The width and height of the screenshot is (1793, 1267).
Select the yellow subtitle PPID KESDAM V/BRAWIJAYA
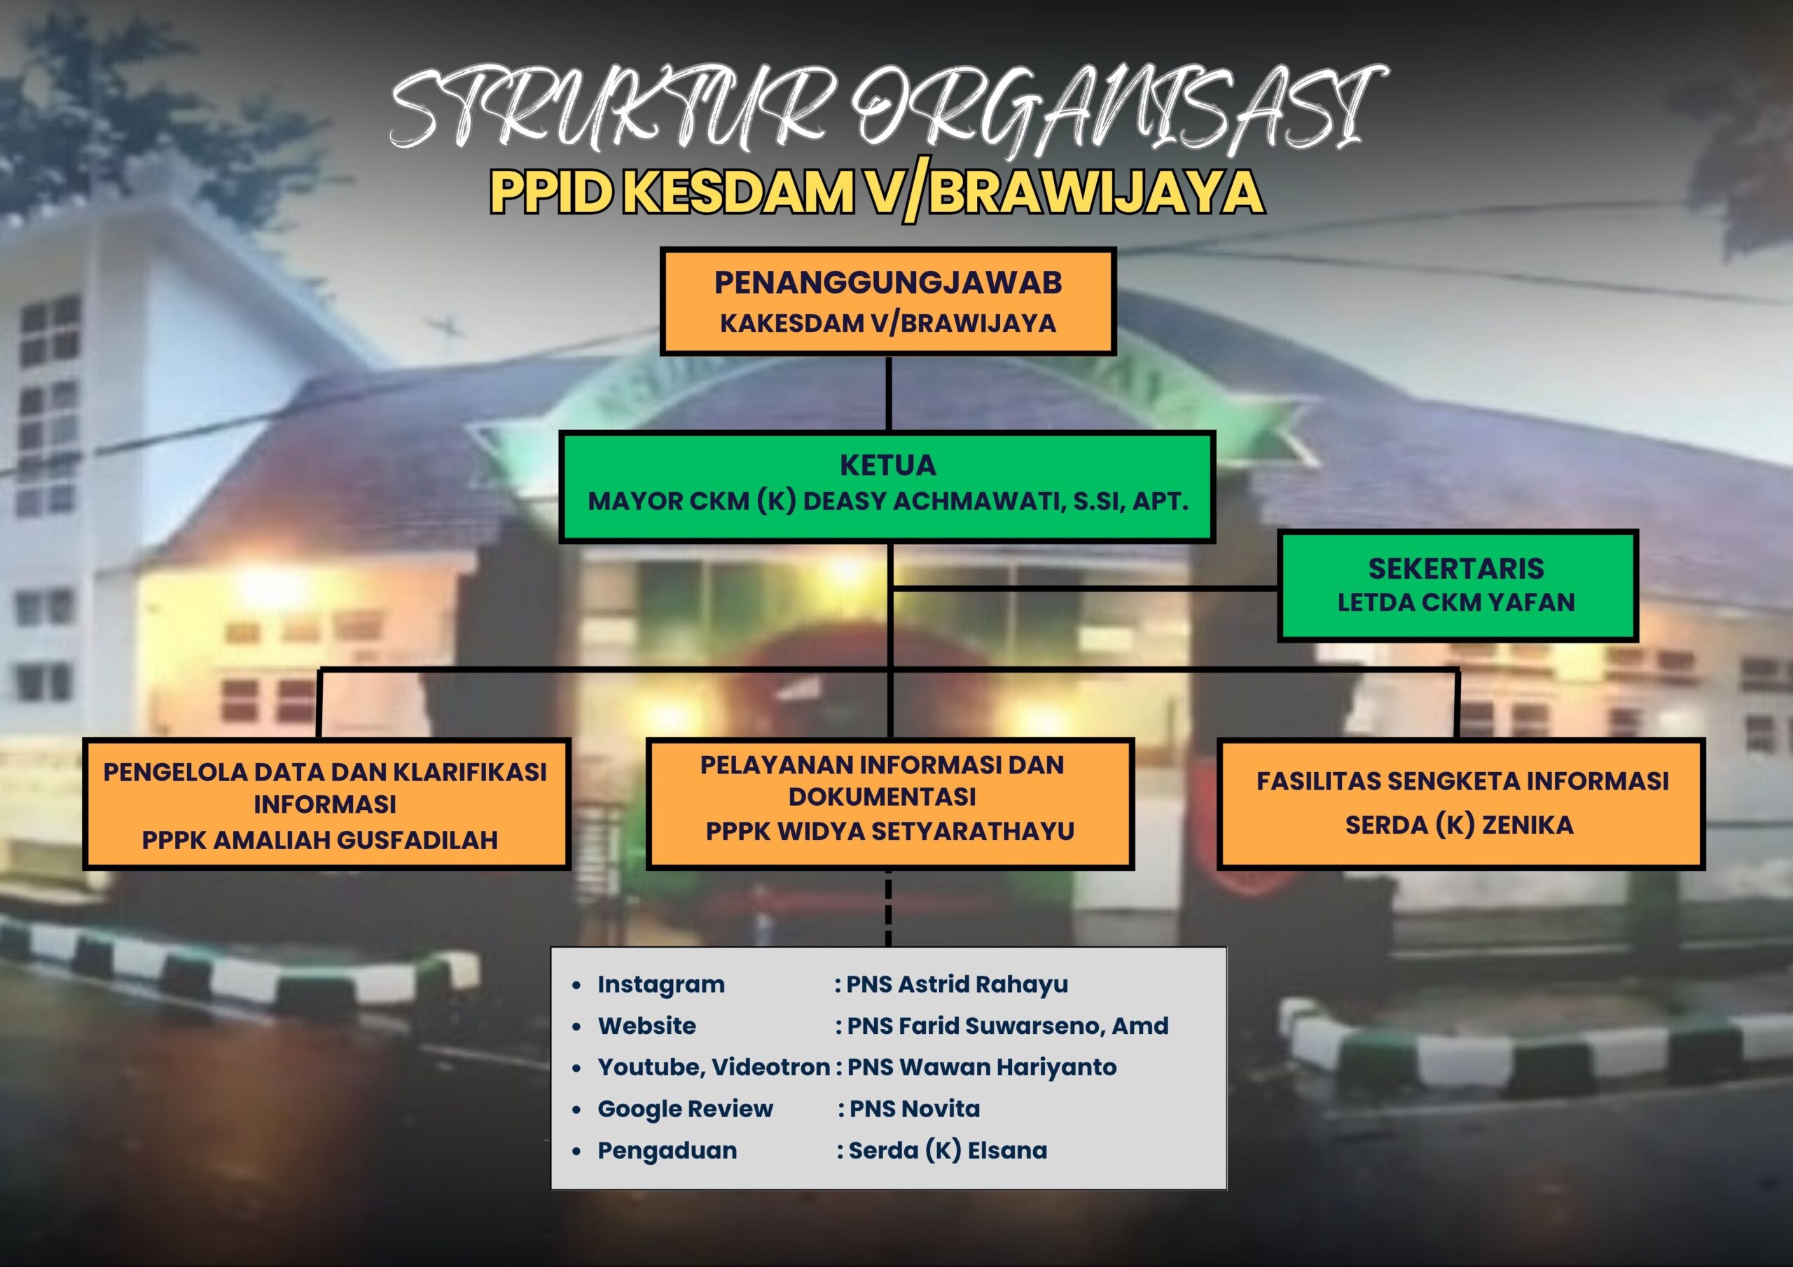tap(877, 192)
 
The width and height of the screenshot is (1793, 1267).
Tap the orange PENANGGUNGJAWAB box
tap(888, 301)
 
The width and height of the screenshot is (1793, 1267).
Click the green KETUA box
tap(887, 486)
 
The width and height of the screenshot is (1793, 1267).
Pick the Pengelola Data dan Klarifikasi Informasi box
tap(326, 804)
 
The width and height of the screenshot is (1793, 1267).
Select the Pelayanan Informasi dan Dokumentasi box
tap(889, 804)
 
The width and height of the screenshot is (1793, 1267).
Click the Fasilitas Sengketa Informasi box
tap(1461, 804)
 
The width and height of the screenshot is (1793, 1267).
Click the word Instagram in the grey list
tap(660, 985)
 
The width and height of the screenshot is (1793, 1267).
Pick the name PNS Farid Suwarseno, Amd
tap(1007, 1025)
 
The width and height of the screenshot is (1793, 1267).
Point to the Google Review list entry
tap(685, 1109)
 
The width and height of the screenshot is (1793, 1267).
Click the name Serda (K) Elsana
tap(947, 1150)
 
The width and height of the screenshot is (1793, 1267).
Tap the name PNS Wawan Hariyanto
tap(982, 1067)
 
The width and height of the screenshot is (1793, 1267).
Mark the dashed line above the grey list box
tap(889, 909)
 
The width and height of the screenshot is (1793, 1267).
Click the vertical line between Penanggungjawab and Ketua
tap(889, 393)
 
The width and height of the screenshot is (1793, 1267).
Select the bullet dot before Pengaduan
tap(576, 1151)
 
